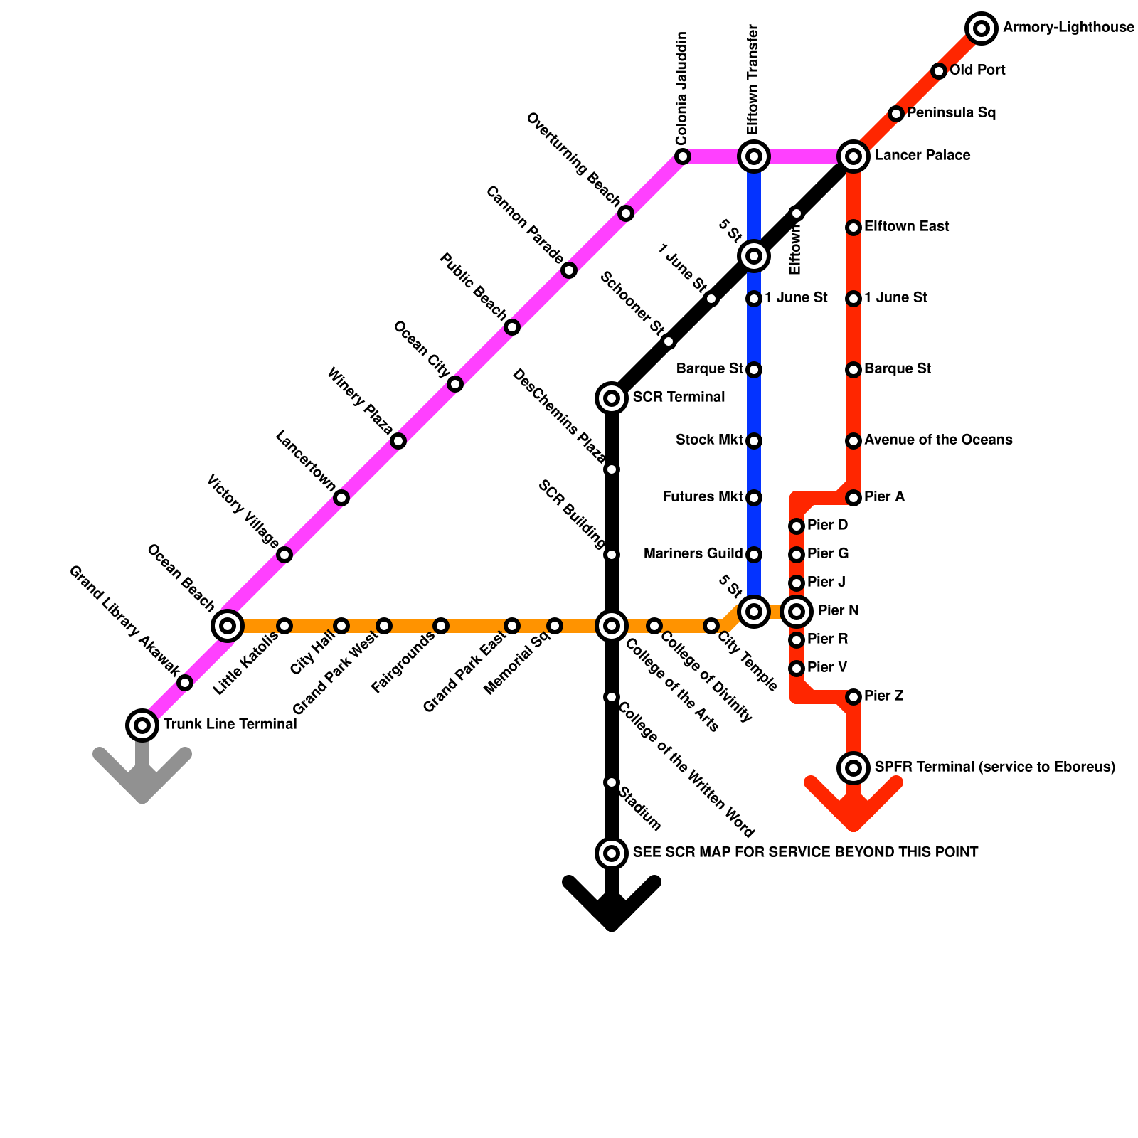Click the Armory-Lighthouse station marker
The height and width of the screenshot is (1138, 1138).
982,28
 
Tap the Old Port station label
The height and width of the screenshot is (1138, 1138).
977,70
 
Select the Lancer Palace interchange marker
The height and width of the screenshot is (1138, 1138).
854,156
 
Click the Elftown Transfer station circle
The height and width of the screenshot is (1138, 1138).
754,156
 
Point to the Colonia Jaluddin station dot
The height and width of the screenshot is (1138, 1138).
682,156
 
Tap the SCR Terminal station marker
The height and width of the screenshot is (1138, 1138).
612,398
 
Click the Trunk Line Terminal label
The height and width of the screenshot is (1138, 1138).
230,725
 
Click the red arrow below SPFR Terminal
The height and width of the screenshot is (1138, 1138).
854,804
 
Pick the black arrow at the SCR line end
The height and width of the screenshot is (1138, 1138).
612,903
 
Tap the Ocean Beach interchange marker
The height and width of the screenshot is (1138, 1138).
228,626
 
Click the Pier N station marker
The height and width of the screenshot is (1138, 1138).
797,611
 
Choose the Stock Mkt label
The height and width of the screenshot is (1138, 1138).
709,440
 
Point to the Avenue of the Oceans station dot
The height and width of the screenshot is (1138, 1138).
854,441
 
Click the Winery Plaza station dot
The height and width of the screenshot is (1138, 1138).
398,441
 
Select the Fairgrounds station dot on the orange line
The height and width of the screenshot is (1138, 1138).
441,626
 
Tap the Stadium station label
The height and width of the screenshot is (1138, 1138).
640,809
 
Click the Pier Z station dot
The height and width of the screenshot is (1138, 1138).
854,697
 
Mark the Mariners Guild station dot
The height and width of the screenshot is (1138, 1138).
754,555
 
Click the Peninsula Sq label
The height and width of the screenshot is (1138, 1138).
951,113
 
